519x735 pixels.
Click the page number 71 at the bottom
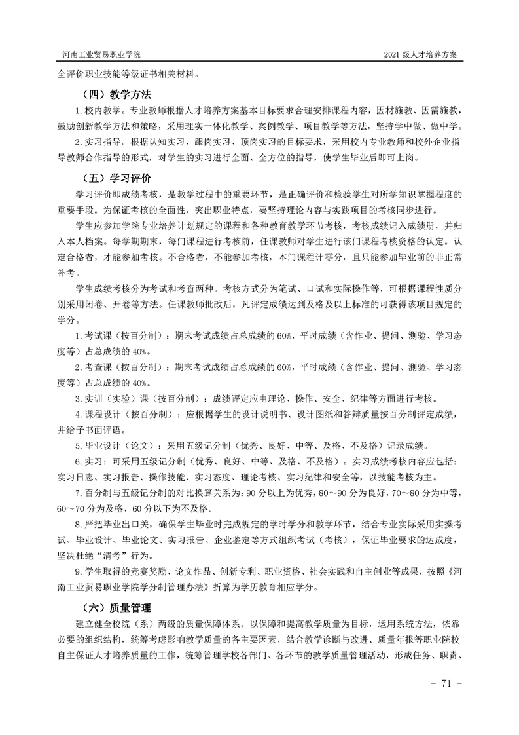tap(447, 684)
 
